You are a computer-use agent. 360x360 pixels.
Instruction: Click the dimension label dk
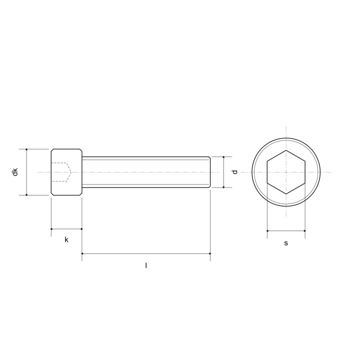[x=15, y=172]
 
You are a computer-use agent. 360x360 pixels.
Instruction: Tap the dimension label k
[x=66, y=239]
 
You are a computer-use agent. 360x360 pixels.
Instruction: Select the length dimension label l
[x=146, y=265]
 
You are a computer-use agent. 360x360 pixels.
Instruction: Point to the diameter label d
[x=234, y=172]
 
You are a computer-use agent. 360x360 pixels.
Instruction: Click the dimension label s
[x=286, y=243]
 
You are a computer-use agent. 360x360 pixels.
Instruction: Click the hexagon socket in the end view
[x=286, y=172]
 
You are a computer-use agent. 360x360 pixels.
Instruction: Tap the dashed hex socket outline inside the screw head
[x=61, y=172]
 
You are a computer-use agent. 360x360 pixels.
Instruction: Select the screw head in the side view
[x=66, y=172]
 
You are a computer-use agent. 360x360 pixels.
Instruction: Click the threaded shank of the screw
[x=146, y=172]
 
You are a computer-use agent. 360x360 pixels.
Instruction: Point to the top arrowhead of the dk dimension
[x=26, y=150]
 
